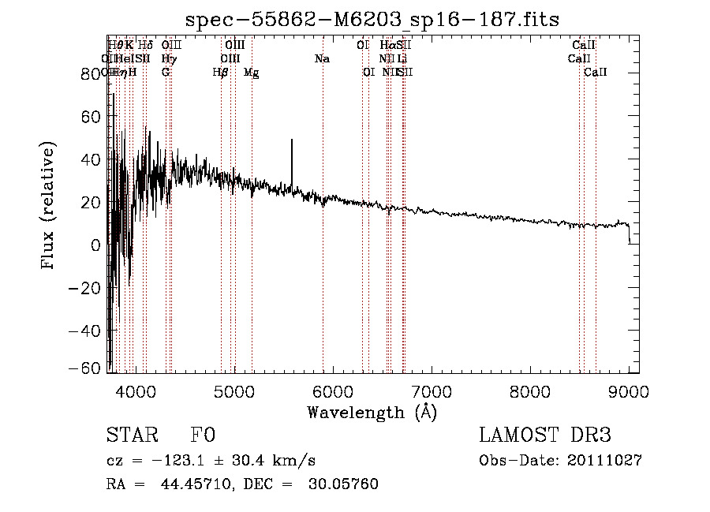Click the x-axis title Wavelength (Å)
(372, 412)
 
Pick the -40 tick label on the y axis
(86, 331)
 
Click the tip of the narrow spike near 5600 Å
(292, 140)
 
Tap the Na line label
(322, 59)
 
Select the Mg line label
(251, 73)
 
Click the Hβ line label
(220, 73)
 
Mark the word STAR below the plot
(129, 436)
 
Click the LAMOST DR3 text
(544, 436)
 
